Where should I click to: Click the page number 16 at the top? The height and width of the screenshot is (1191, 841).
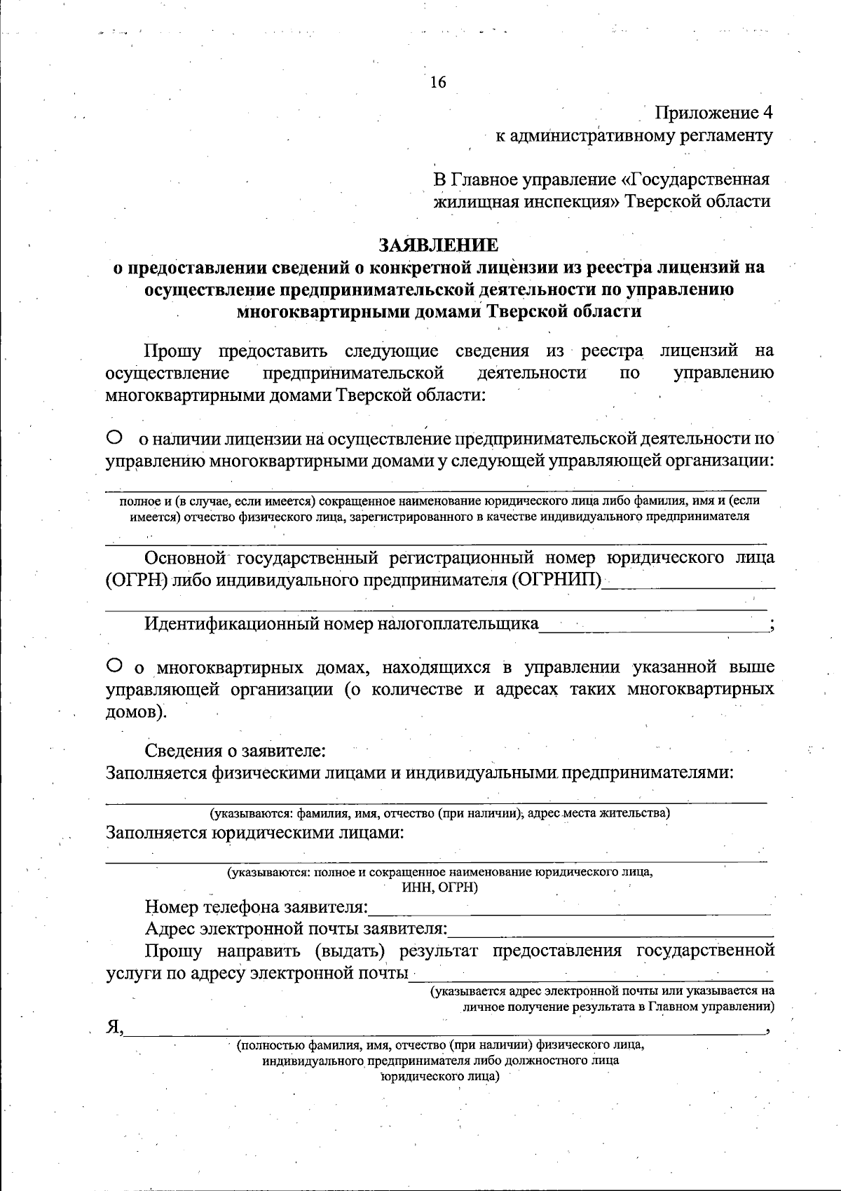pyautogui.click(x=437, y=83)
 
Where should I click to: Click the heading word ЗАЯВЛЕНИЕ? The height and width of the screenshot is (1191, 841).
pyautogui.click(x=439, y=245)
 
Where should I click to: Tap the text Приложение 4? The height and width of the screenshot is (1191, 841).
pyautogui.click(x=713, y=112)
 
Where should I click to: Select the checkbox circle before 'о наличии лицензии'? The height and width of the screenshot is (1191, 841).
pyautogui.click(x=114, y=438)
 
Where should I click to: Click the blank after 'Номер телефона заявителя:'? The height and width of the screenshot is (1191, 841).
pyautogui.click(x=569, y=908)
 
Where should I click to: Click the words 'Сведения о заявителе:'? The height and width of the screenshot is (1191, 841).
pyautogui.click(x=235, y=751)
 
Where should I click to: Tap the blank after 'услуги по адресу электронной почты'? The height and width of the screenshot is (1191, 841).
pyautogui.click(x=592, y=974)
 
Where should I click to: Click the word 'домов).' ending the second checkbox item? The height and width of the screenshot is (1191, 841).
pyautogui.click(x=136, y=712)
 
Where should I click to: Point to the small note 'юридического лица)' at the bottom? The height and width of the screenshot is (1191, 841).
pyautogui.click(x=439, y=1077)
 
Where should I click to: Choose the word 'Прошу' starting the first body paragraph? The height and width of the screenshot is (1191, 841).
pyautogui.click(x=173, y=351)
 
